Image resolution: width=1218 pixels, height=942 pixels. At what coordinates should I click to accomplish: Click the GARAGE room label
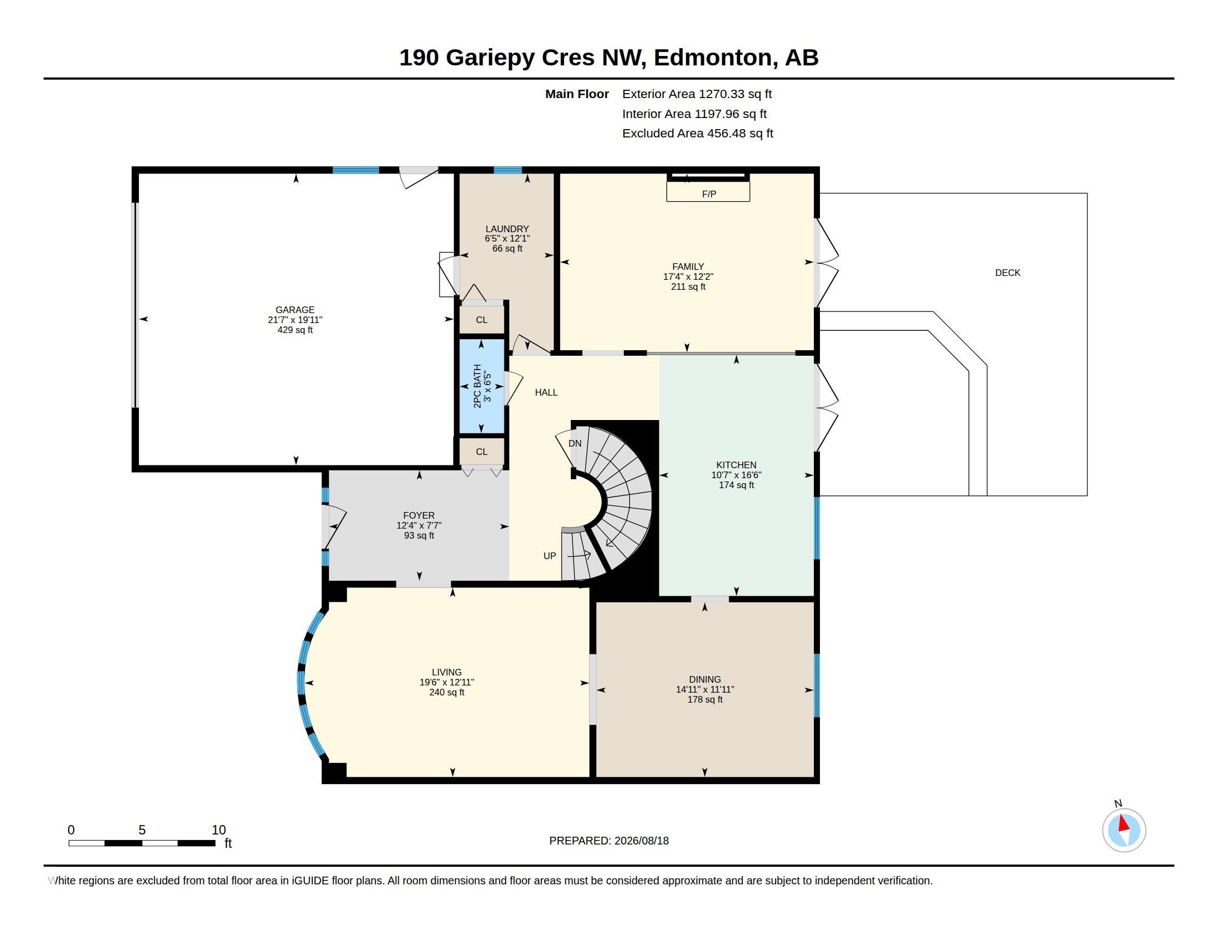[x=295, y=310]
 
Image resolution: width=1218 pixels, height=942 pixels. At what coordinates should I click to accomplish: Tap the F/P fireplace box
[x=708, y=191]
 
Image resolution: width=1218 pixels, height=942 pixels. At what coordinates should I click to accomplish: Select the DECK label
[x=1008, y=273]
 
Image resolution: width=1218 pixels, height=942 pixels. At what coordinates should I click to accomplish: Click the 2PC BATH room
[x=482, y=386]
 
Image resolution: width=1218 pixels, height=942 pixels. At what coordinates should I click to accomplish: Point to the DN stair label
[x=575, y=444]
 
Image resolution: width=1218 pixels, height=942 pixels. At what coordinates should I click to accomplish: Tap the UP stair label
[x=550, y=556]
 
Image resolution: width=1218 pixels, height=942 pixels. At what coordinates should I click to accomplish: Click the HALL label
[x=546, y=392]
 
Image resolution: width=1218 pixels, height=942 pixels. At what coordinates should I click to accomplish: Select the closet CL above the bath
[x=482, y=320]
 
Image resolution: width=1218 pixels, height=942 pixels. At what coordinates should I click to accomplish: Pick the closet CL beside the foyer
[x=482, y=452]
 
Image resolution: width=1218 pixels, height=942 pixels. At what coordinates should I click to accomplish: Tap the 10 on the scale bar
[x=219, y=830]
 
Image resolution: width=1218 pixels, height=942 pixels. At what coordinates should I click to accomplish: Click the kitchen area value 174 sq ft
[x=736, y=485]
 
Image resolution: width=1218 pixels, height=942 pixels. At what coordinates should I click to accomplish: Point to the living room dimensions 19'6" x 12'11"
[x=447, y=683]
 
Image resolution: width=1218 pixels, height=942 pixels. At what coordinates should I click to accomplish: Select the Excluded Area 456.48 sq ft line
[x=698, y=134]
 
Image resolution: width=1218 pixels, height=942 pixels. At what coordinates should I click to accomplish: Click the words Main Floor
[x=577, y=94]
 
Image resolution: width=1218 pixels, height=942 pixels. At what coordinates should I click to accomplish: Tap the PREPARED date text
[x=609, y=841]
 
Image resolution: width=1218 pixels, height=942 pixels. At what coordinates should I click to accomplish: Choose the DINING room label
[x=705, y=679]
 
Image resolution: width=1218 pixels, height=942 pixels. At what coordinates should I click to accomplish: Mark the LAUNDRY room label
[x=507, y=229]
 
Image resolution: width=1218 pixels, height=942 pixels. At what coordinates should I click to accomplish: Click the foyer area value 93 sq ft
[x=419, y=536]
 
